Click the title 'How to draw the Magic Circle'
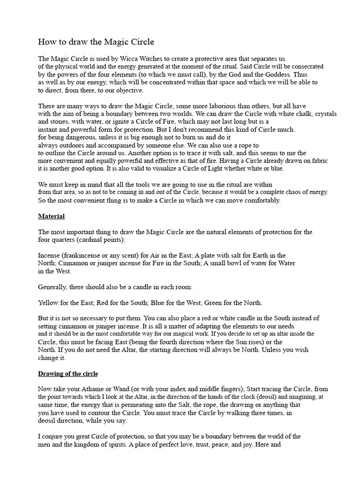tap(96, 42)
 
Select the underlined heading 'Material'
tap(51, 216)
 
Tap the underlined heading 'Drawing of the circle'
tap(68, 374)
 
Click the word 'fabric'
tap(318, 161)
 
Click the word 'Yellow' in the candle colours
tap(48, 302)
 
